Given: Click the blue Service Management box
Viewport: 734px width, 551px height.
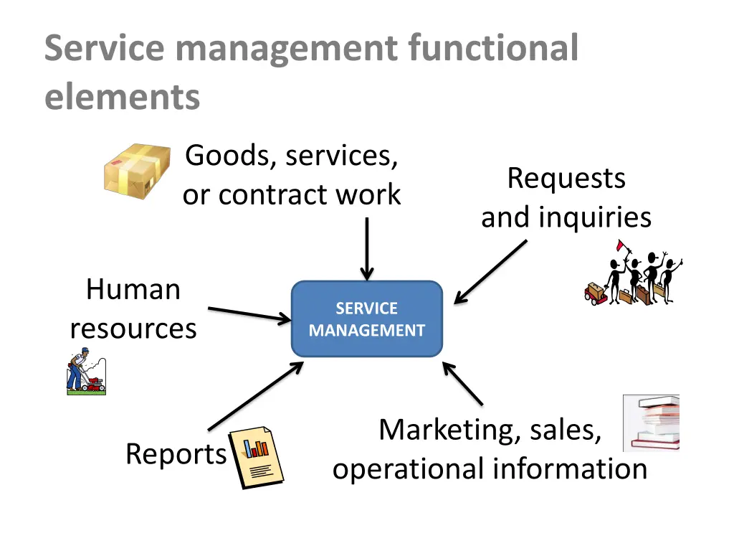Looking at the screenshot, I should (x=366, y=319).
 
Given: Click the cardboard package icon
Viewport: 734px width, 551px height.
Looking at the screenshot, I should (x=137, y=171).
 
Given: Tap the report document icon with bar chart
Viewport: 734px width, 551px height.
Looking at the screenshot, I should (x=256, y=458).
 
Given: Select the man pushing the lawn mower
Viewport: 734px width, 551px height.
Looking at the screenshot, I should (x=85, y=372).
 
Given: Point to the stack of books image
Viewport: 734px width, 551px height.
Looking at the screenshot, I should (x=651, y=423).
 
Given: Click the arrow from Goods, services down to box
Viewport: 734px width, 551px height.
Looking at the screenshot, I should (x=366, y=248).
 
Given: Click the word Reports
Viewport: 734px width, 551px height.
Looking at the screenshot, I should (x=176, y=454).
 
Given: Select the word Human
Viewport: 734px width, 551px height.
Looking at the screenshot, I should (x=133, y=290).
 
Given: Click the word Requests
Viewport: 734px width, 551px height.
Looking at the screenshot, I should (x=566, y=178).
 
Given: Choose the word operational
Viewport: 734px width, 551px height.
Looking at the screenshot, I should (x=409, y=469).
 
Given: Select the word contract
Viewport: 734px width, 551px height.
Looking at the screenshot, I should (x=270, y=194).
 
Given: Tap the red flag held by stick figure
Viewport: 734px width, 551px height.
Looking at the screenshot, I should (x=620, y=245).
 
